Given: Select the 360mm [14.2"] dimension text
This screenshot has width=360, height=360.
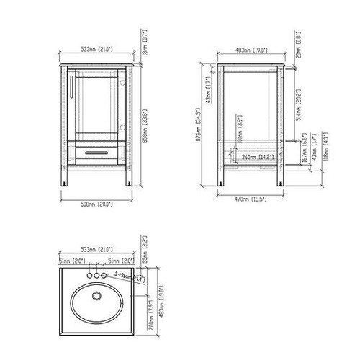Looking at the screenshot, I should [256, 156].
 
